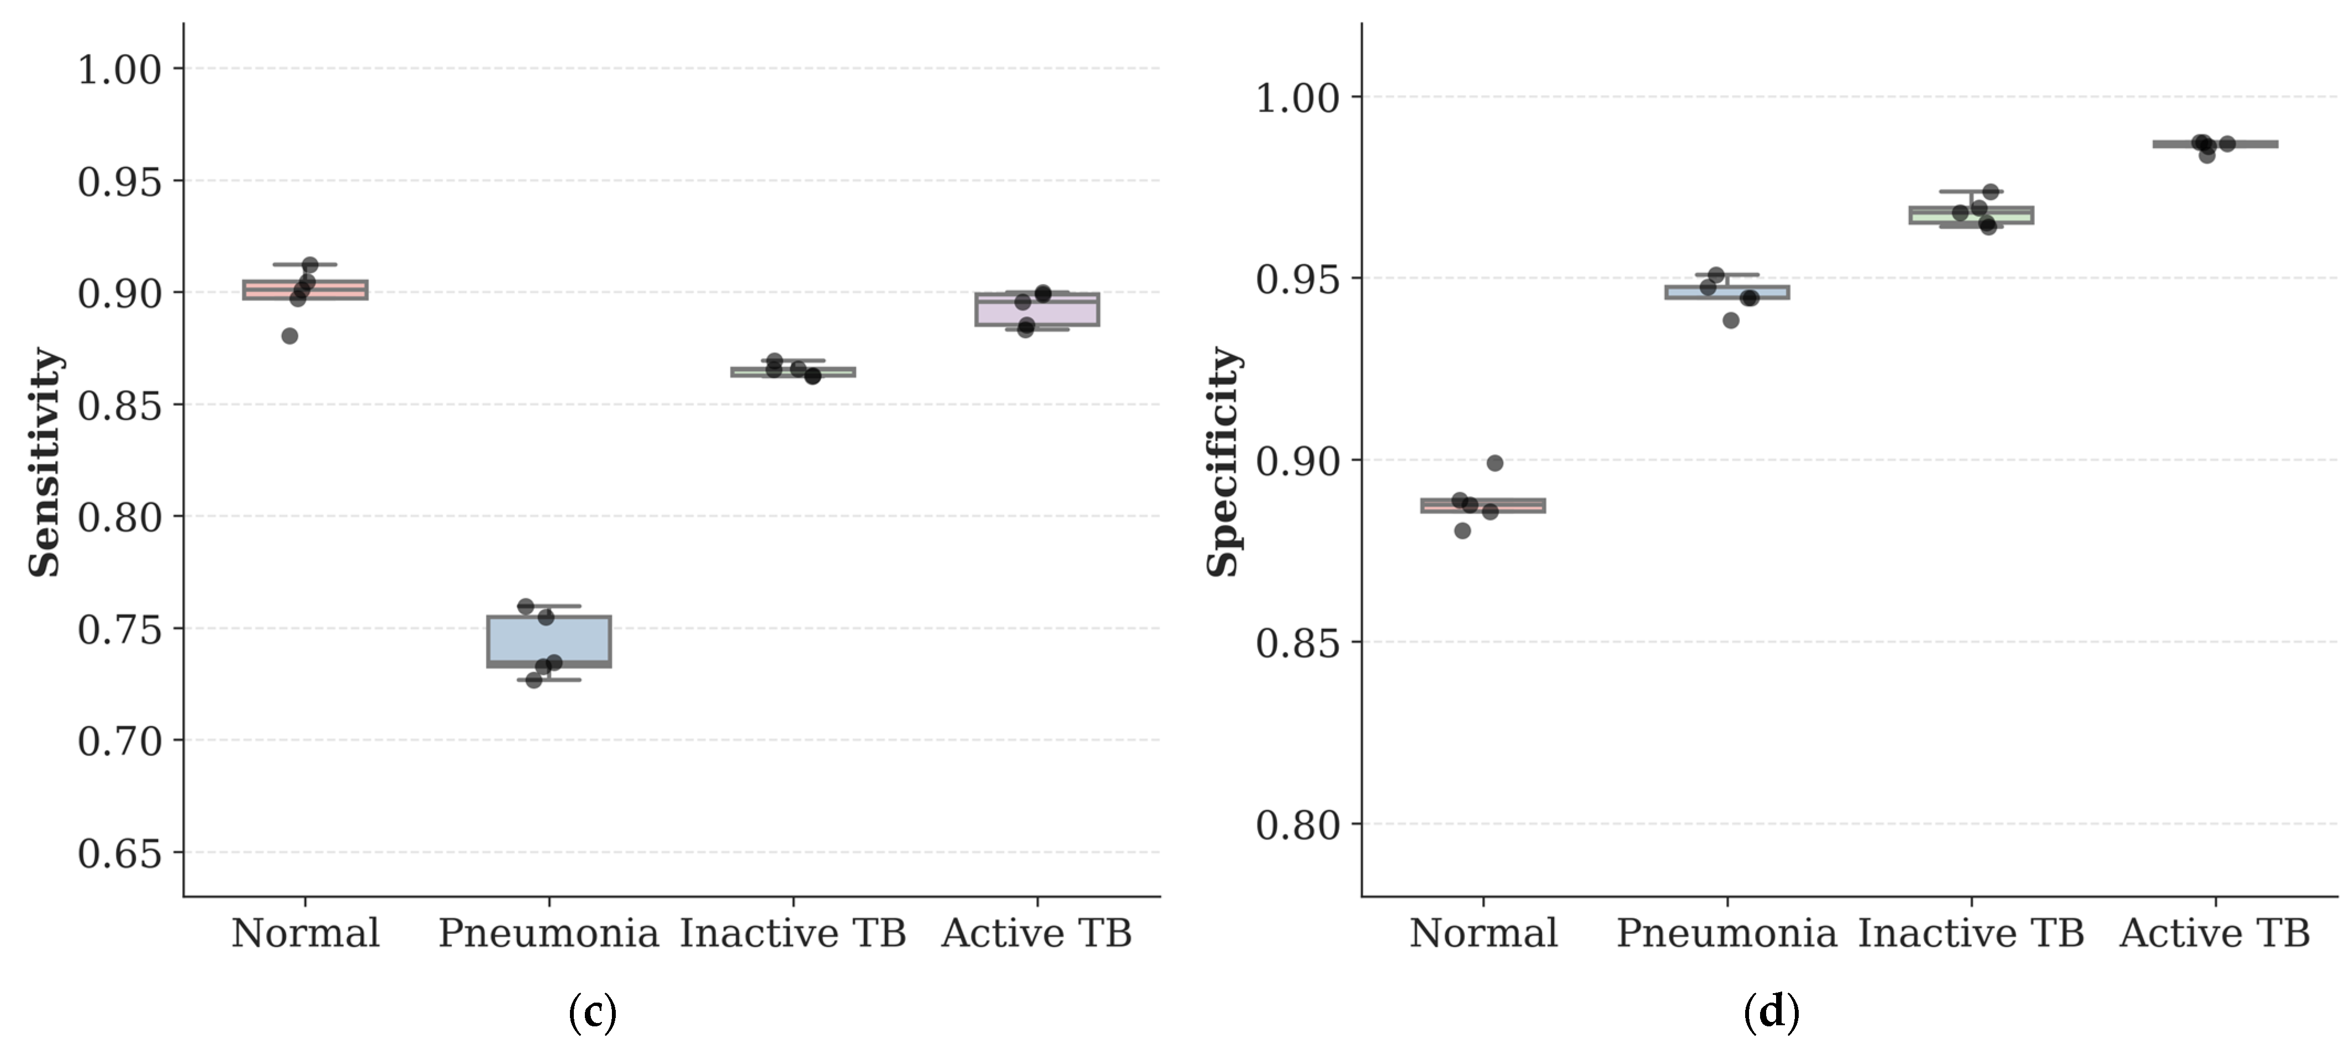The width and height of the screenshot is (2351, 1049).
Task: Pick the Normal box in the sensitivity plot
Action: tap(305, 289)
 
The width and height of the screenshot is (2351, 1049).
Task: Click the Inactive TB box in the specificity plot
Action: tap(1972, 214)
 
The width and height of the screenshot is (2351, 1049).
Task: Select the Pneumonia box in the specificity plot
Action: tap(1727, 292)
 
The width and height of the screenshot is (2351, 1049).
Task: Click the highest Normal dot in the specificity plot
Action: tap(1495, 463)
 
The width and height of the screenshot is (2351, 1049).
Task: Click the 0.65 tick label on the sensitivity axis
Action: tap(119, 853)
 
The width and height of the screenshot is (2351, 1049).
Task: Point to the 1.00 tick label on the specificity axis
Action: tap(1298, 97)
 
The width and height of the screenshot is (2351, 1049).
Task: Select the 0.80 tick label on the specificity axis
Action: tap(1298, 824)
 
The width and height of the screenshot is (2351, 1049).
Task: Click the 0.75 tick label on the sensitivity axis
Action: tap(119, 629)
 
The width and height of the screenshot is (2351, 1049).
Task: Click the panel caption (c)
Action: tap(593, 1013)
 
